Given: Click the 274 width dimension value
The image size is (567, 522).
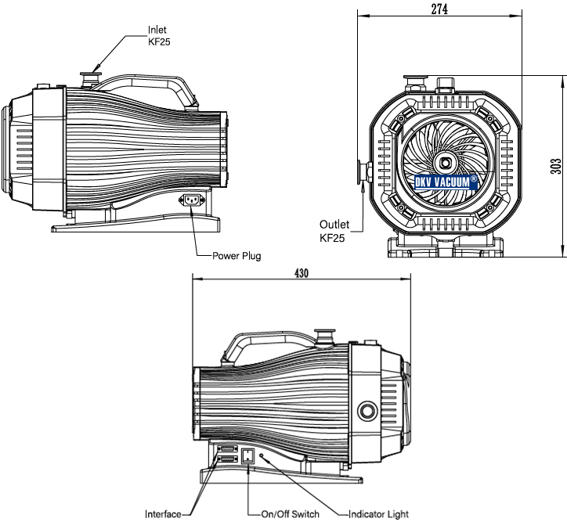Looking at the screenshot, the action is click(439, 9).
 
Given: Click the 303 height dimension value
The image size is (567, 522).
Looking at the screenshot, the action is click(556, 166).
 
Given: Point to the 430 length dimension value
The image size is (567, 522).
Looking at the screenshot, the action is click(302, 273).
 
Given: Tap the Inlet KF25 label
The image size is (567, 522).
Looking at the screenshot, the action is click(159, 35).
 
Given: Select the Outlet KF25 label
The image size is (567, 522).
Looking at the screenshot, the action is click(334, 231).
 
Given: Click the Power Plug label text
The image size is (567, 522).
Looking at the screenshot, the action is click(237, 256).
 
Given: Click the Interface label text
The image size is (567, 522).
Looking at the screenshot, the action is click(163, 514).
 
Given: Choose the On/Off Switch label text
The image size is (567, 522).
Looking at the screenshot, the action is click(290, 514).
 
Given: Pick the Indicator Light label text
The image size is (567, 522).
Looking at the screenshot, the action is click(378, 514).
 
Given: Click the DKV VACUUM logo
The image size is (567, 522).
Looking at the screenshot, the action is click(446, 182).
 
